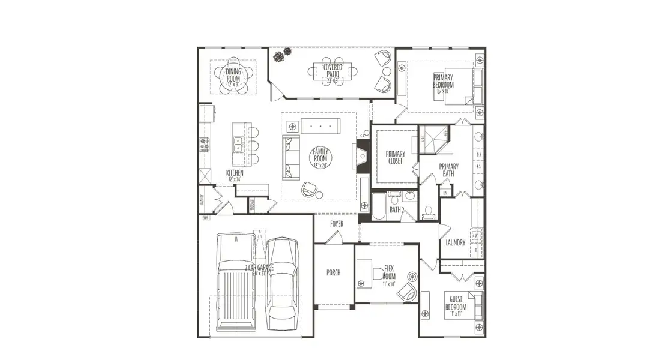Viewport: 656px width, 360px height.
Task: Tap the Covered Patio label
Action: (x=333, y=71)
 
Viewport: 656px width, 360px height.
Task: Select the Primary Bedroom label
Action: (x=443, y=81)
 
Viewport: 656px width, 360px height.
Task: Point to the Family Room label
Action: (x=319, y=157)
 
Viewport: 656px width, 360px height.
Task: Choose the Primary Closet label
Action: (x=395, y=158)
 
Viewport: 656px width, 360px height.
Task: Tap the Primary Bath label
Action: (x=448, y=170)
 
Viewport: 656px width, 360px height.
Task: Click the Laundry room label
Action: (x=456, y=242)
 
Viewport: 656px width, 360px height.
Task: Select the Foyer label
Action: (x=336, y=224)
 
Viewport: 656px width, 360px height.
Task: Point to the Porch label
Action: (x=333, y=272)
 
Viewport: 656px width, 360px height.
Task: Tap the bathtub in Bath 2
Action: (x=378, y=206)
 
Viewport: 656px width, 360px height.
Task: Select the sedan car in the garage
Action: (x=281, y=280)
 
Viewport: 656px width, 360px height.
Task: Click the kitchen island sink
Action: (x=238, y=144)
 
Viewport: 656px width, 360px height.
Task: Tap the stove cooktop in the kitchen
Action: (x=204, y=144)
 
